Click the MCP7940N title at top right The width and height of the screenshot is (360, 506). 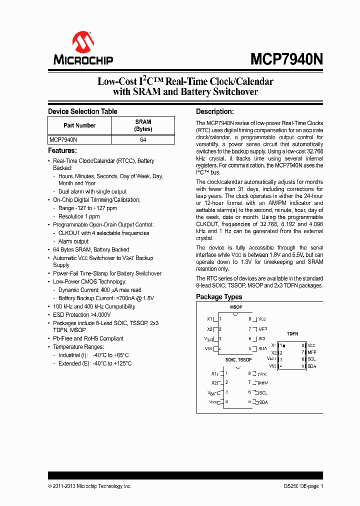coord(286,59)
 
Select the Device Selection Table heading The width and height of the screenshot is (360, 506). coord(82,111)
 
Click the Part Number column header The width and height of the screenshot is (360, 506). coord(79,125)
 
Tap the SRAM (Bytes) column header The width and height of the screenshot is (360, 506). coord(143,125)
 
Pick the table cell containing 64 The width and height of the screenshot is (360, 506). coord(143,140)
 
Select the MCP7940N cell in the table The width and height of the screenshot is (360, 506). coord(63,140)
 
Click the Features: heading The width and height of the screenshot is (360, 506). coord(62,150)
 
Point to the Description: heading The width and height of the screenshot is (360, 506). coord(214,111)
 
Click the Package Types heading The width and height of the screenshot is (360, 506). coord(219,297)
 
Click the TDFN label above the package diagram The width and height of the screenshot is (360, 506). coord(292,333)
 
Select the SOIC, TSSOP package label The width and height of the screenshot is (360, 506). coord(238,359)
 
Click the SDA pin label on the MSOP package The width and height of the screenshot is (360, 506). coord(262,348)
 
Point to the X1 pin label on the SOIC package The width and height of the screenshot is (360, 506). coord(214,373)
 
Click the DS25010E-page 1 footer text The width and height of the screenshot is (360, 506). coord(300,486)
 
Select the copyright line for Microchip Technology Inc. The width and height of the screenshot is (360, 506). coord(89,486)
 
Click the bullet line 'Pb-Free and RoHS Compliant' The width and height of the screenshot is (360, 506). coord(88,338)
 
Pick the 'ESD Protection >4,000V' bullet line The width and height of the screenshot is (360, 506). coord(81,315)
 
